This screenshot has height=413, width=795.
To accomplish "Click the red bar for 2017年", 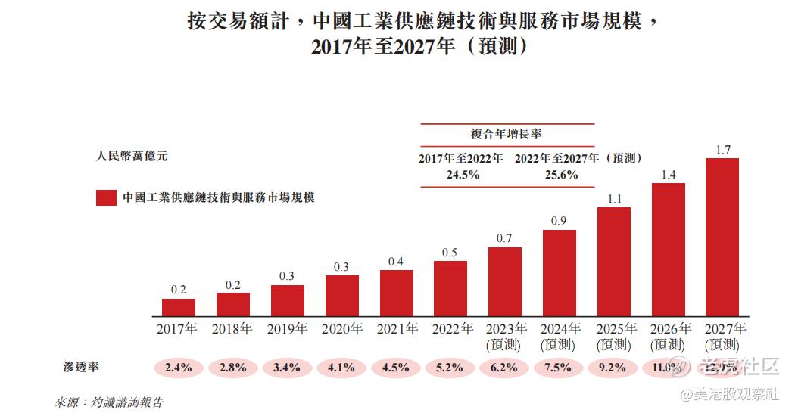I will point(179,307).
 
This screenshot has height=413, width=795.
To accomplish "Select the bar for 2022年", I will point(450,288).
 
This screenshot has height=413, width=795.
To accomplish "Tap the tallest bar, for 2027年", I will point(722,237).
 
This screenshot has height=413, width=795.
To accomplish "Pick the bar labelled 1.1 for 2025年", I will point(613,262).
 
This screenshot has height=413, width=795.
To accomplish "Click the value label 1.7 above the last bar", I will point(722,150).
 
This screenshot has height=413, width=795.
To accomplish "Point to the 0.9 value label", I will point(559,221).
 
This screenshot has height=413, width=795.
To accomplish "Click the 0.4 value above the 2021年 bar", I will point(396,262).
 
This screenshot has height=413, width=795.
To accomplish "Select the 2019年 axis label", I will point(287,329).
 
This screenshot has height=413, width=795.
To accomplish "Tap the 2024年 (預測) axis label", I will point(560,337).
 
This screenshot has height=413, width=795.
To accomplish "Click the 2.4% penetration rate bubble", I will point(179,368).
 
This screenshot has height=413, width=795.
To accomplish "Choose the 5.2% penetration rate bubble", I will point(450,368).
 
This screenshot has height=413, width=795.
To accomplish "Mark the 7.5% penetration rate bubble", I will point(560,368).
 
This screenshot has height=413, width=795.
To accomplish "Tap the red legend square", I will point(105,198).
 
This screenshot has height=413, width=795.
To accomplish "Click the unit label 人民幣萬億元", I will point(132,157).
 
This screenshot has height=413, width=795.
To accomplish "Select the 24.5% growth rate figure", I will point(460,174).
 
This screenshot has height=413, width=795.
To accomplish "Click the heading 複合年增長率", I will point(507,134).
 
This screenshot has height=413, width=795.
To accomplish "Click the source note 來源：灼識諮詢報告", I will point(110,402).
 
